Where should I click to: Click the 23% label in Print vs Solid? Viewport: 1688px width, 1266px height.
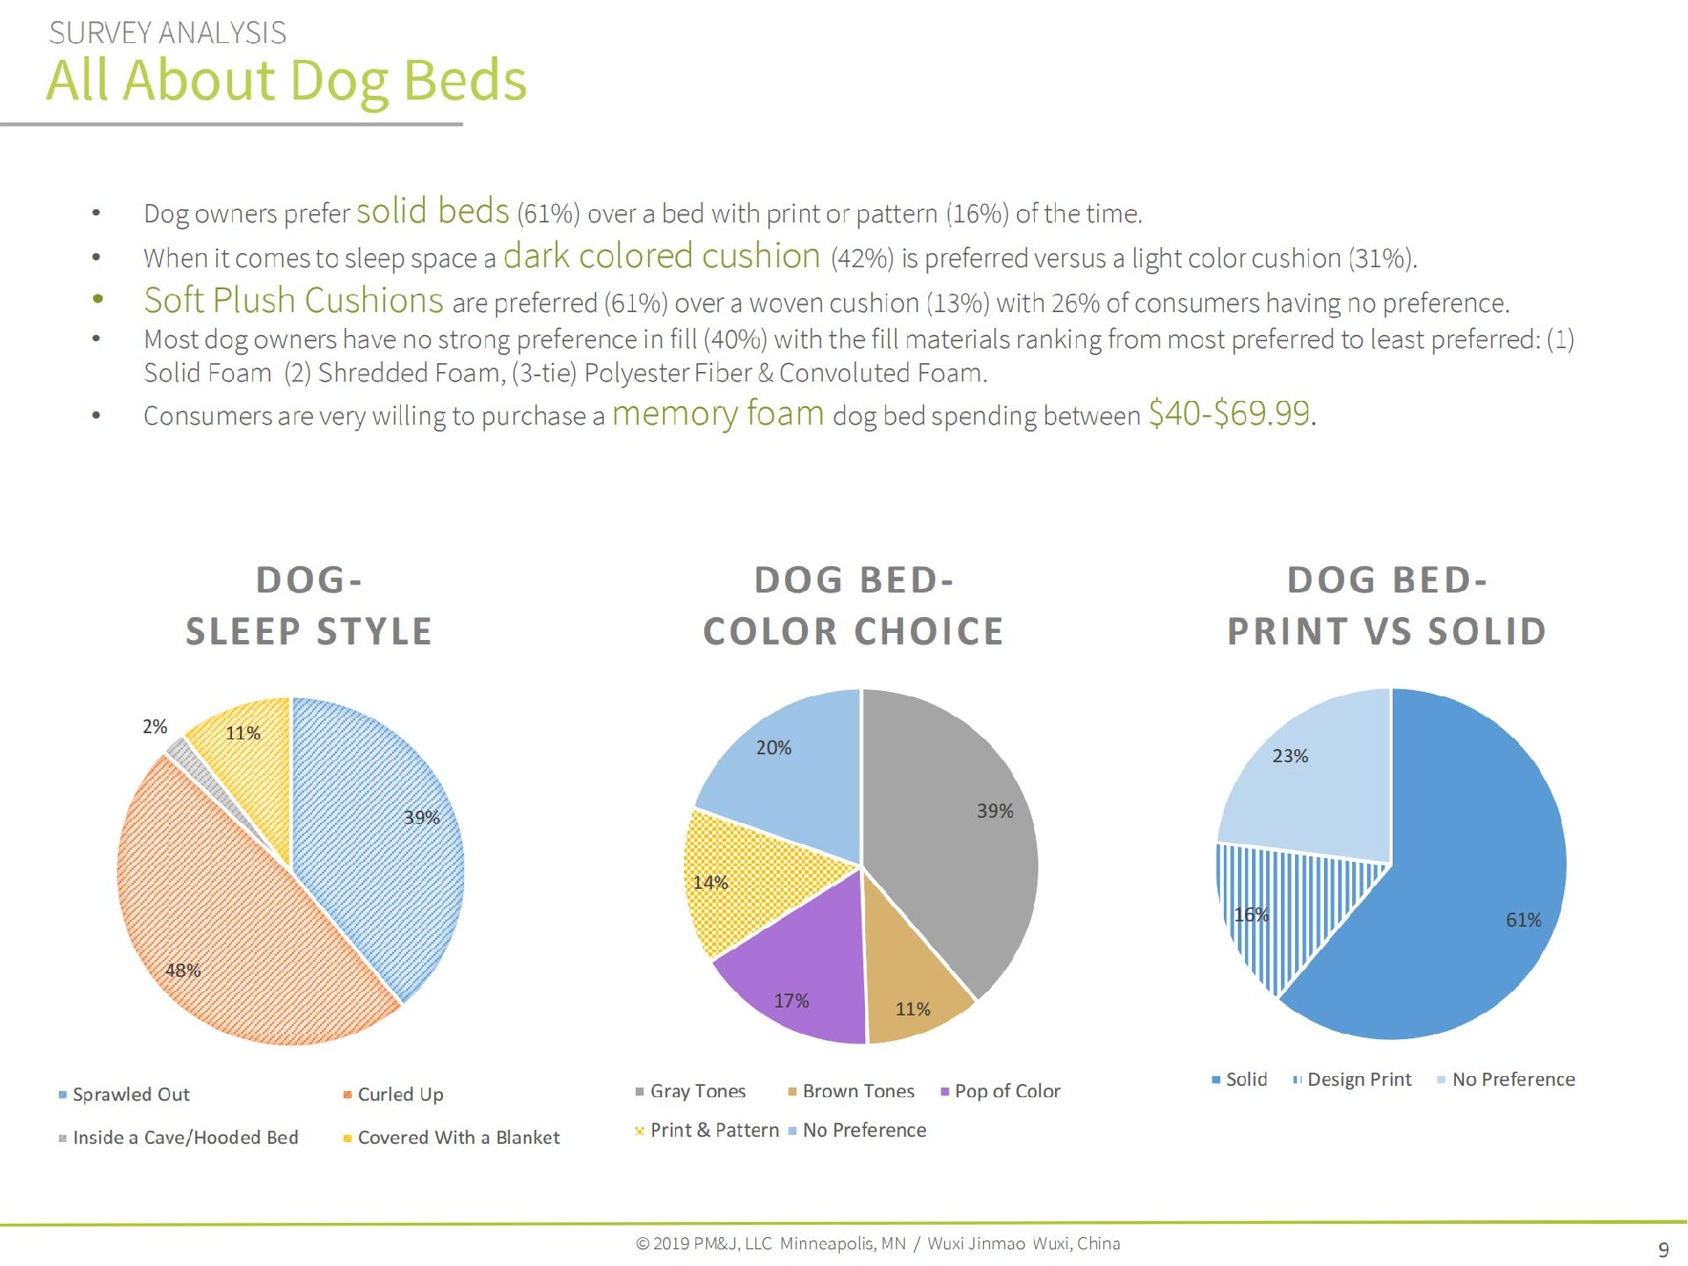click(x=1290, y=756)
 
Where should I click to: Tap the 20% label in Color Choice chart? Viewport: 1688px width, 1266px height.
click(x=774, y=748)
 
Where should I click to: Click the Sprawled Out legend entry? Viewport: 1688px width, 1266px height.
click(x=130, y=1095)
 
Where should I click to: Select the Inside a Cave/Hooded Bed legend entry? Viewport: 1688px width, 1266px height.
click(x=185, y=1138)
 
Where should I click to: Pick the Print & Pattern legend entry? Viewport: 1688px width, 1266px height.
click(x=714, y=1131)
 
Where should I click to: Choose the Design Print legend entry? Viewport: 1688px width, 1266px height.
click(x=1358, y=1080)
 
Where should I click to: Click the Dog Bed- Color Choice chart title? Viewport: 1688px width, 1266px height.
click(x=853, y=606)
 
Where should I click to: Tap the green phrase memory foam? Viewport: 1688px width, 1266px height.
click(x=717, y=413)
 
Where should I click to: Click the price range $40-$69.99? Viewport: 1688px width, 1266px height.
click(x=1229, y=413)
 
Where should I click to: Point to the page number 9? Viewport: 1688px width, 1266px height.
click(x=1663, y=1249)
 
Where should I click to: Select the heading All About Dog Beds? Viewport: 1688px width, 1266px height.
click(x=286, y=81)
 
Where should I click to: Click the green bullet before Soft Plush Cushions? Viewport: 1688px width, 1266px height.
click(x=98, y=301)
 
